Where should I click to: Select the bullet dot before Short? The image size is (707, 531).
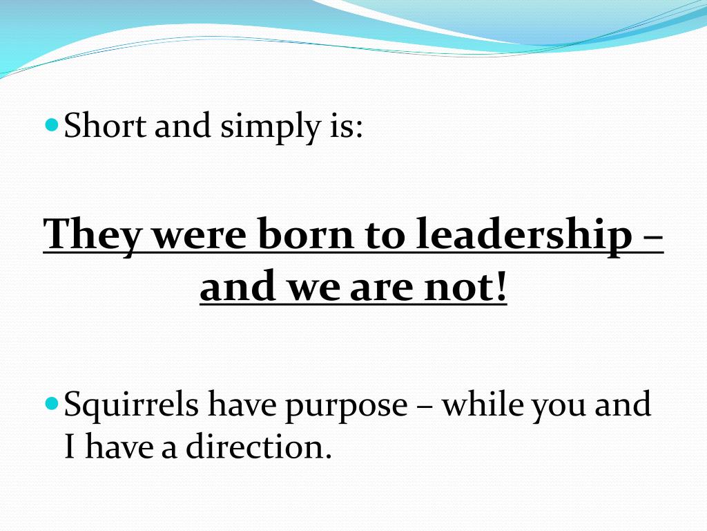52,126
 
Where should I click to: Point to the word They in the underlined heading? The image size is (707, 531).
90,236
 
